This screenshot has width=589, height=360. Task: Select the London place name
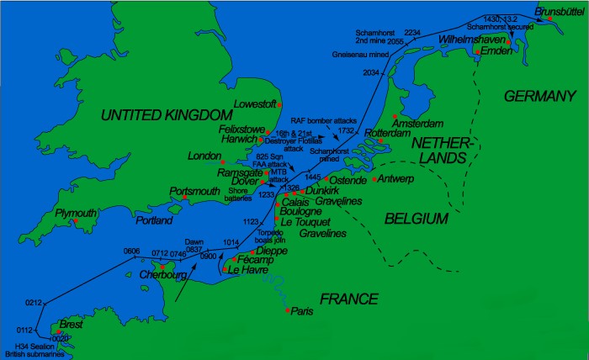pos(205,156)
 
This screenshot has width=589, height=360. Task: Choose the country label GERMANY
pos(539,98)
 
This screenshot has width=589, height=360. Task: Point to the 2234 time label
pos(412,31)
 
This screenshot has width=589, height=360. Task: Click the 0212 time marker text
pos(33,302)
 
